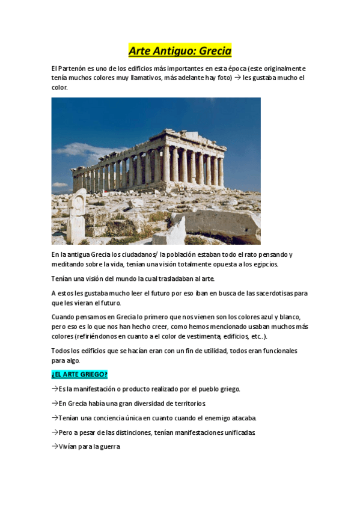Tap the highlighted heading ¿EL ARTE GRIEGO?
(x=79, y=375)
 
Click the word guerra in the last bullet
(x=109, y=447)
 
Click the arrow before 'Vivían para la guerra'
(x=55, y=447)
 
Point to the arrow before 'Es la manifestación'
(x=55, y=389)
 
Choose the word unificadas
(x=237, y=432)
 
